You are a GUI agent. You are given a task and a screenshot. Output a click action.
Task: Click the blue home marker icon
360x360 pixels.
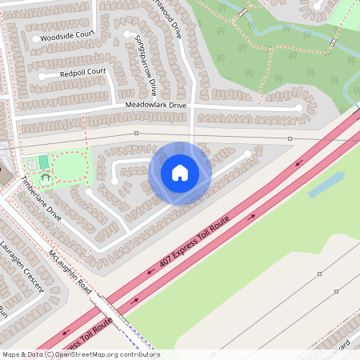[180, 173]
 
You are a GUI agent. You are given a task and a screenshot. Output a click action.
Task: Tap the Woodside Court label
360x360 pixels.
[67, 36]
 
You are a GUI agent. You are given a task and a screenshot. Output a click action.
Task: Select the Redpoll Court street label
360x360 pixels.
[82, 72]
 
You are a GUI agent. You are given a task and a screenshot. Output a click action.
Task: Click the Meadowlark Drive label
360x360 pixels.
[155, 105]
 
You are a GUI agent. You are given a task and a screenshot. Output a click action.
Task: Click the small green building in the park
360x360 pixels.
[43, 162]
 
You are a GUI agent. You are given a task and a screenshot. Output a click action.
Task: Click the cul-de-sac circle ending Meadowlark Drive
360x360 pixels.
[299, 107]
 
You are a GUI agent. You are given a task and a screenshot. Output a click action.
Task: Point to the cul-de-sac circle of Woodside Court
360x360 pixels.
[36, 38]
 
